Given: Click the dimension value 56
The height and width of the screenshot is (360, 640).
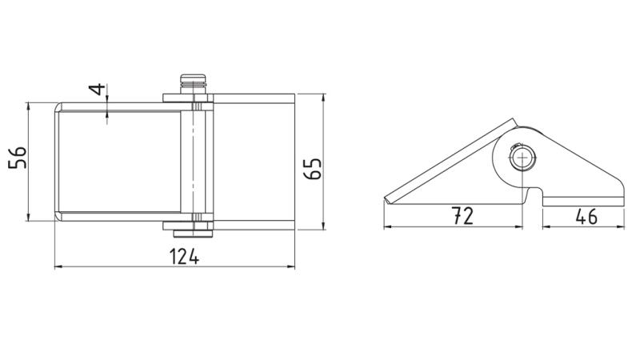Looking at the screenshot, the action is point(18,157).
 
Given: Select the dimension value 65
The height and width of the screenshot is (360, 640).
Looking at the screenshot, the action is point(313,168).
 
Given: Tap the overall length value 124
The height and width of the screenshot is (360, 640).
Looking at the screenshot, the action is point(184,256).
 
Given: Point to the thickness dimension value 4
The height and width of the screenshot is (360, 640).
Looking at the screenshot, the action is point(98,89).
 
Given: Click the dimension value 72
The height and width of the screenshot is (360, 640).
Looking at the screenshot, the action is point(462,215).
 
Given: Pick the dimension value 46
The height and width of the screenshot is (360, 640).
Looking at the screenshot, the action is point(586,216).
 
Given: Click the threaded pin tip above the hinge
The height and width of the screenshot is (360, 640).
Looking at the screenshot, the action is point(193,84).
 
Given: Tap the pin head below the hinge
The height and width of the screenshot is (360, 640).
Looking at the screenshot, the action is point(193,234).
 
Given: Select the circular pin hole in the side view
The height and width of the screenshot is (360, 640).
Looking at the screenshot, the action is point(522,158).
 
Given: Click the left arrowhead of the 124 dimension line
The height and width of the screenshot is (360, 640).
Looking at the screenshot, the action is point(58,267).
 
